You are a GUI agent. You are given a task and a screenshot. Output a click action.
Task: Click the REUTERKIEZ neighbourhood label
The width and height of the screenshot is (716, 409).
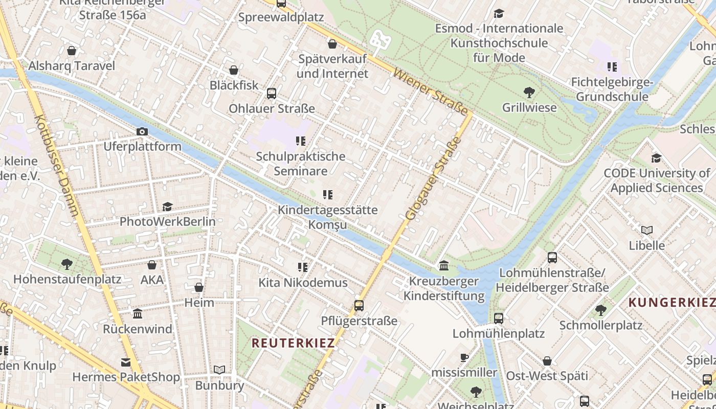293,343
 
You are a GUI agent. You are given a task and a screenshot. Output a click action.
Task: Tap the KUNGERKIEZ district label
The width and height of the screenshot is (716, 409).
671,303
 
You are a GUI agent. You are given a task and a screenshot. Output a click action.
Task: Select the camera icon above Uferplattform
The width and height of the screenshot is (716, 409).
142,132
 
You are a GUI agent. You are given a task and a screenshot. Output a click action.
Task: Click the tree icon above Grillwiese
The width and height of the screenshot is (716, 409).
529,93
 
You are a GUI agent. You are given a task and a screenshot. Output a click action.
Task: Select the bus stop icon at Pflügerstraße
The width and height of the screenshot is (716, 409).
359,306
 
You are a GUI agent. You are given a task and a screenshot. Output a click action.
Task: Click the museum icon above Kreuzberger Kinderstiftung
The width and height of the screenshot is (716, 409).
444,266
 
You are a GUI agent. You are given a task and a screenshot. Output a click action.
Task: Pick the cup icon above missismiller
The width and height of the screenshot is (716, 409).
464,357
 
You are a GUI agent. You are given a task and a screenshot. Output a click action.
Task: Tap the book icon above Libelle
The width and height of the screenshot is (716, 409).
647,231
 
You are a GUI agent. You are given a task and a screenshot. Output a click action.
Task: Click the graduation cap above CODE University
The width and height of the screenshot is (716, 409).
656,158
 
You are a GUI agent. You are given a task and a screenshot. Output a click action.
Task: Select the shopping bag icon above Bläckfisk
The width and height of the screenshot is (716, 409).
234,70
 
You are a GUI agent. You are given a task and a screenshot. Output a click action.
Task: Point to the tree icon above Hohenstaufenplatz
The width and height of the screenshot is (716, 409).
66,264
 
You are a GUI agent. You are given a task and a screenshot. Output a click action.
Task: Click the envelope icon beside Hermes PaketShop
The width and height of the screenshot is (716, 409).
126,362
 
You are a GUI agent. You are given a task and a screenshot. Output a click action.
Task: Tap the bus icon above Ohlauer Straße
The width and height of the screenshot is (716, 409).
272,94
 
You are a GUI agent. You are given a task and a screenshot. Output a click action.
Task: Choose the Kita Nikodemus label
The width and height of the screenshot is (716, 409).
303,283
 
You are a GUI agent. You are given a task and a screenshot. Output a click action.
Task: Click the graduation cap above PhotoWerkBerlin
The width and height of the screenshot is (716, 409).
167,207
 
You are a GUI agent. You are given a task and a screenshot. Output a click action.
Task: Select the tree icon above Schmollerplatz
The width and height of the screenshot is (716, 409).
601,310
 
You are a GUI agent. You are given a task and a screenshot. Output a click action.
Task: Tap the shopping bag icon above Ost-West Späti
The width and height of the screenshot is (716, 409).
547,361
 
